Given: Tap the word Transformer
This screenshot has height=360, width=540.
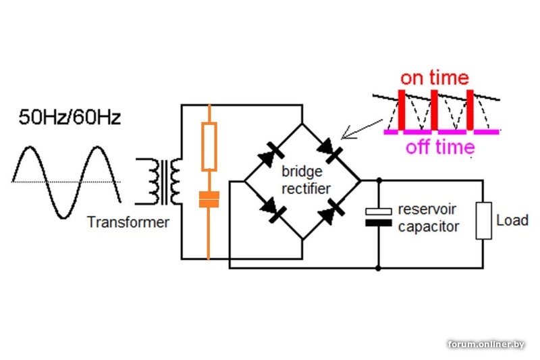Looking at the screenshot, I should (128, 222).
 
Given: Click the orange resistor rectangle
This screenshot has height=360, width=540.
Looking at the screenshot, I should (209, 147).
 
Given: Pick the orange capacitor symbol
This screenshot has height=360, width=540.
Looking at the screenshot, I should (209, 199).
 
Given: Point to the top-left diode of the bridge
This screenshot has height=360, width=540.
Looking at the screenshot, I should (270, 153).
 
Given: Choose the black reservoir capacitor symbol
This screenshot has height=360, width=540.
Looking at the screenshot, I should (378, 217).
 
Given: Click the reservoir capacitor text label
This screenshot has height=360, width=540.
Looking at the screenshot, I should (428, 217).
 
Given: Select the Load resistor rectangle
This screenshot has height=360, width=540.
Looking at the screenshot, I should (483, 220).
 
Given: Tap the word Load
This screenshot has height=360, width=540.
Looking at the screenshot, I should (512, 220).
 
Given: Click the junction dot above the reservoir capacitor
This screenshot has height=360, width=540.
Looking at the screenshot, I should (378, 181).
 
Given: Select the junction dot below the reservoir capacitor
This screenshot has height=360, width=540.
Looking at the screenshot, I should (378, 268).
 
